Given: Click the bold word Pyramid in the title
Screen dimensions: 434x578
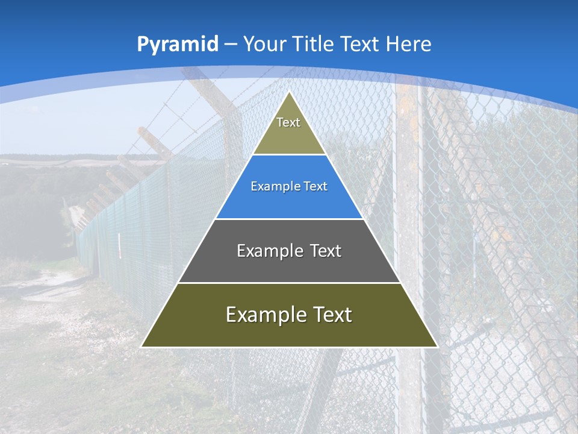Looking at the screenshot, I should coord(178,44).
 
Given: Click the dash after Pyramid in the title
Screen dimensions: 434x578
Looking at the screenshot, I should coord(231,45).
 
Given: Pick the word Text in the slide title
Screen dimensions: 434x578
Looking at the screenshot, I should coord(361,44).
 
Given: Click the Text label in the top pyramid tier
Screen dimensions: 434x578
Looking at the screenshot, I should coord(288,122).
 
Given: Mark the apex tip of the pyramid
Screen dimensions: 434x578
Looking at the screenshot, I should coord(290,92).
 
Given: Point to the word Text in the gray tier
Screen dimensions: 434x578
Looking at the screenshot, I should coord(326,251).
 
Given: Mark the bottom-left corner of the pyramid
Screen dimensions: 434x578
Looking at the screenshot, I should coord(141,347).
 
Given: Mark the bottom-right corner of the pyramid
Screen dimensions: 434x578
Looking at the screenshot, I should coord(437,347).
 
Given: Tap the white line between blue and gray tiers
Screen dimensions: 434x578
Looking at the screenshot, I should coord(289,219).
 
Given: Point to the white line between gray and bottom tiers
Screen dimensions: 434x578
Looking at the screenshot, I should coord(289,283).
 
